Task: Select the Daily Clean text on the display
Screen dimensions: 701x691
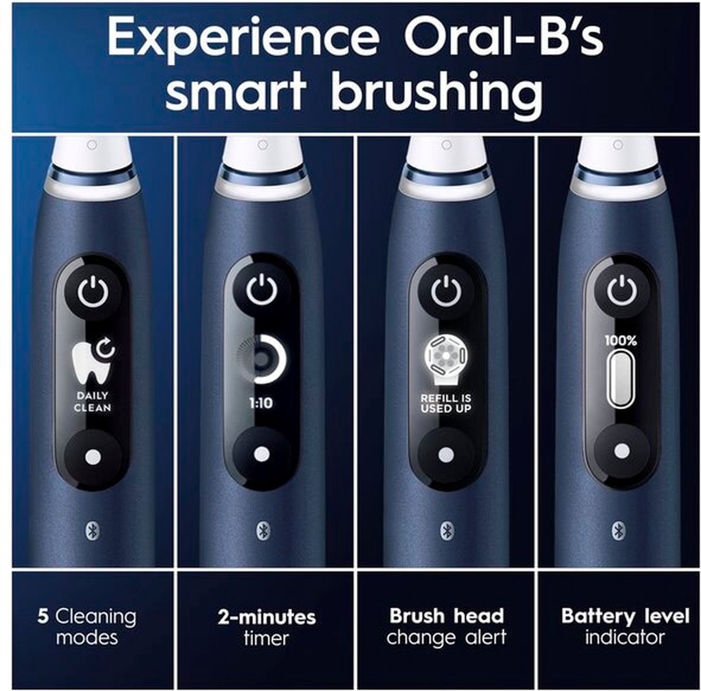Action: click(92, 401)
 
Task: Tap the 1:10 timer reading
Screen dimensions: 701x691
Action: click(261, 403)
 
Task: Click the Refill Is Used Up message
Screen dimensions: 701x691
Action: click(446, 404)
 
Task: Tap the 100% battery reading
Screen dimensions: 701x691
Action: click(620, 341)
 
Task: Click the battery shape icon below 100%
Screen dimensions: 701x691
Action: click(620, 378)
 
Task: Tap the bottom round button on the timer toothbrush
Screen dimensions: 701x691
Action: click(262, 454)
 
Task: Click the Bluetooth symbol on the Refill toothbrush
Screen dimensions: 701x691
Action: click(445, 532)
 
